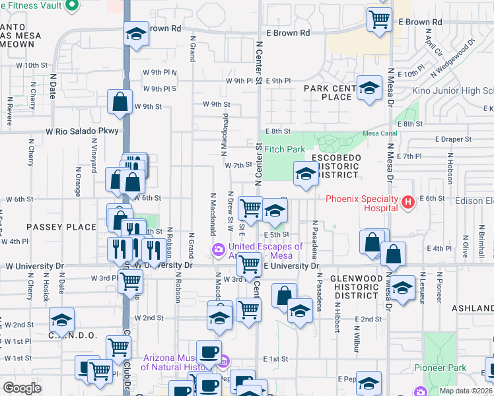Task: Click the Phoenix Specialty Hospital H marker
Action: [408, 201]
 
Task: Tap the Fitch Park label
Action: [285, 150]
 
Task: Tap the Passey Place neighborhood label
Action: [61, 227]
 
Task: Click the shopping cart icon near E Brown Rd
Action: [378, 18]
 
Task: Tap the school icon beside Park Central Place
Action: [369, 88]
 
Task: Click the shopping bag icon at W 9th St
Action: [120, 102]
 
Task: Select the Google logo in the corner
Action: [22, 388]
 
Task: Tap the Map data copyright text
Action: [466, 391]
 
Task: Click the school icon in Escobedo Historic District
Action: [305, 174]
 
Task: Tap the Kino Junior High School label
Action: [452, 91]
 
